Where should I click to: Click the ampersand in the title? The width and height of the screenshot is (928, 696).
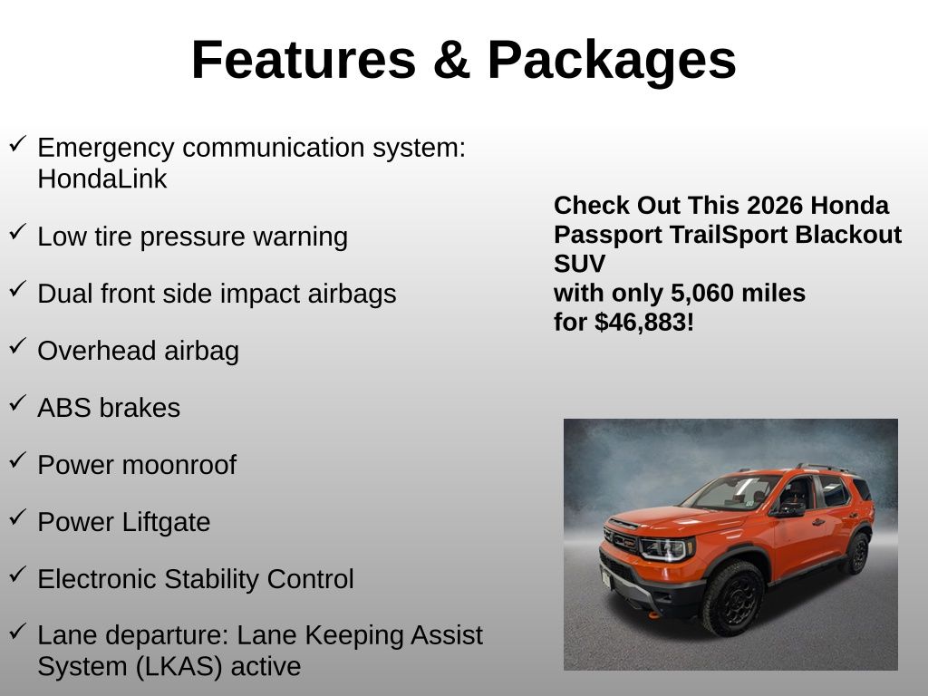451,60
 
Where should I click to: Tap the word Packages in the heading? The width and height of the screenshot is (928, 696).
612,61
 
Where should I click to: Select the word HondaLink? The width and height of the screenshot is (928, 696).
101,179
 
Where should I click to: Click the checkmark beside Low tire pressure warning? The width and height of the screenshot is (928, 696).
18,231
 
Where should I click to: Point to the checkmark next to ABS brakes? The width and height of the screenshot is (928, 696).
18,403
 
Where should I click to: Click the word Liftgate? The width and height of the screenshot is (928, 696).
166,523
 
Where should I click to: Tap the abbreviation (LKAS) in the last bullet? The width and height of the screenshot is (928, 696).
179,667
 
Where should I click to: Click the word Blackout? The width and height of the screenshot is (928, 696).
848,235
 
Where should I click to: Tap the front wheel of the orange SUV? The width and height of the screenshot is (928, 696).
733,598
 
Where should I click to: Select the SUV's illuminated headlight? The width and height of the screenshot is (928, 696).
664,548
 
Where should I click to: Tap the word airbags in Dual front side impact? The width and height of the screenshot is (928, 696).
352,295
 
